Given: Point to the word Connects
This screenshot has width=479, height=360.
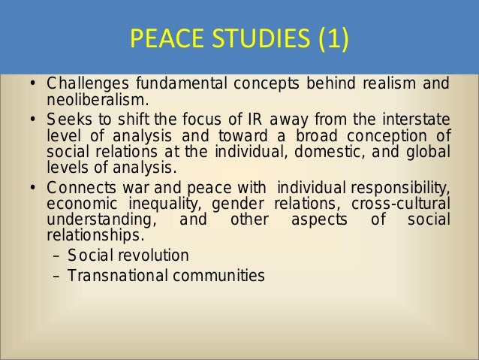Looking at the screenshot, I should pos(76,186).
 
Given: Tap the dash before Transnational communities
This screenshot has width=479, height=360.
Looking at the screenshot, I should pos(56,275).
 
